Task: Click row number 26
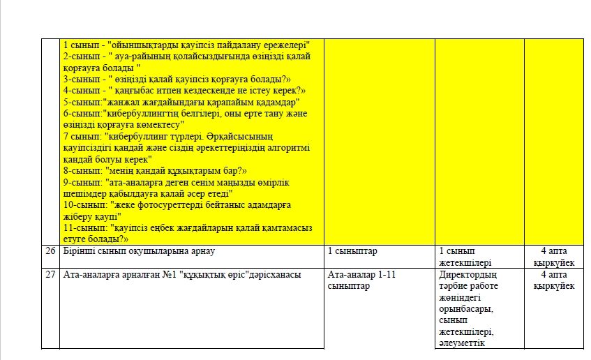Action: pyautogui.click(x=50, y=251)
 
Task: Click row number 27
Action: pyautogui.click(x=50, y=275)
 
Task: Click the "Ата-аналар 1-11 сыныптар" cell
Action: pyautogui.click(x=361, y=280)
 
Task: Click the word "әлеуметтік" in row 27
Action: pyautogui.click(x=461, y=343)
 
